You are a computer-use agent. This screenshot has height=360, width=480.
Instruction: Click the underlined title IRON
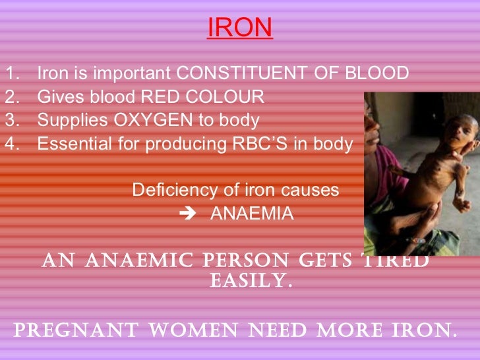click(239, 28)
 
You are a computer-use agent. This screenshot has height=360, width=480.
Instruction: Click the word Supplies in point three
click(64, 121)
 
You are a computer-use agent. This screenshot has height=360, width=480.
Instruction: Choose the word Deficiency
click(165, 190)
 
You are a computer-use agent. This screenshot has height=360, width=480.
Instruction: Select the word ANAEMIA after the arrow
click(252, 214)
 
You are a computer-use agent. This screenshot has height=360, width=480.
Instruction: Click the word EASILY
click(251, 282)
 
